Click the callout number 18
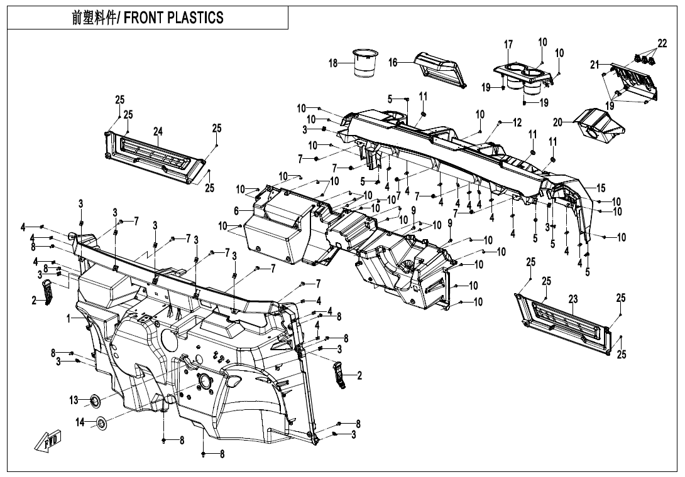pyautogui.click(x=333, y=63)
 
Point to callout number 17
pyautogui.click(x=508, y=45)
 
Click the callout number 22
pyautogui.click(x=662, y=43)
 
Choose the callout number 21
pyautogui.click(x=595, y=64)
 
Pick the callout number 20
pyautogui.click(x=557, y=121)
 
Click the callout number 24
pyautogui.click(x=158, y=131)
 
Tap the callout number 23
pyautogui.click(x=573, y=299)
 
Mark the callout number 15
pyautogui.click(x=601, y=188)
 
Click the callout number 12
pyautogui.click(x=517, y=123)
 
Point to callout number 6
pyautogui.click(x=236, y=211)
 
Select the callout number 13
pyautogui.click(x=74, y=400)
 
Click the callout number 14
pyautogui.click(x=80, y=423)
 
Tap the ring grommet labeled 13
pyautogui.click(x=96, y=399)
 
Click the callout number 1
pyautogui.click(x=68, y=319)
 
